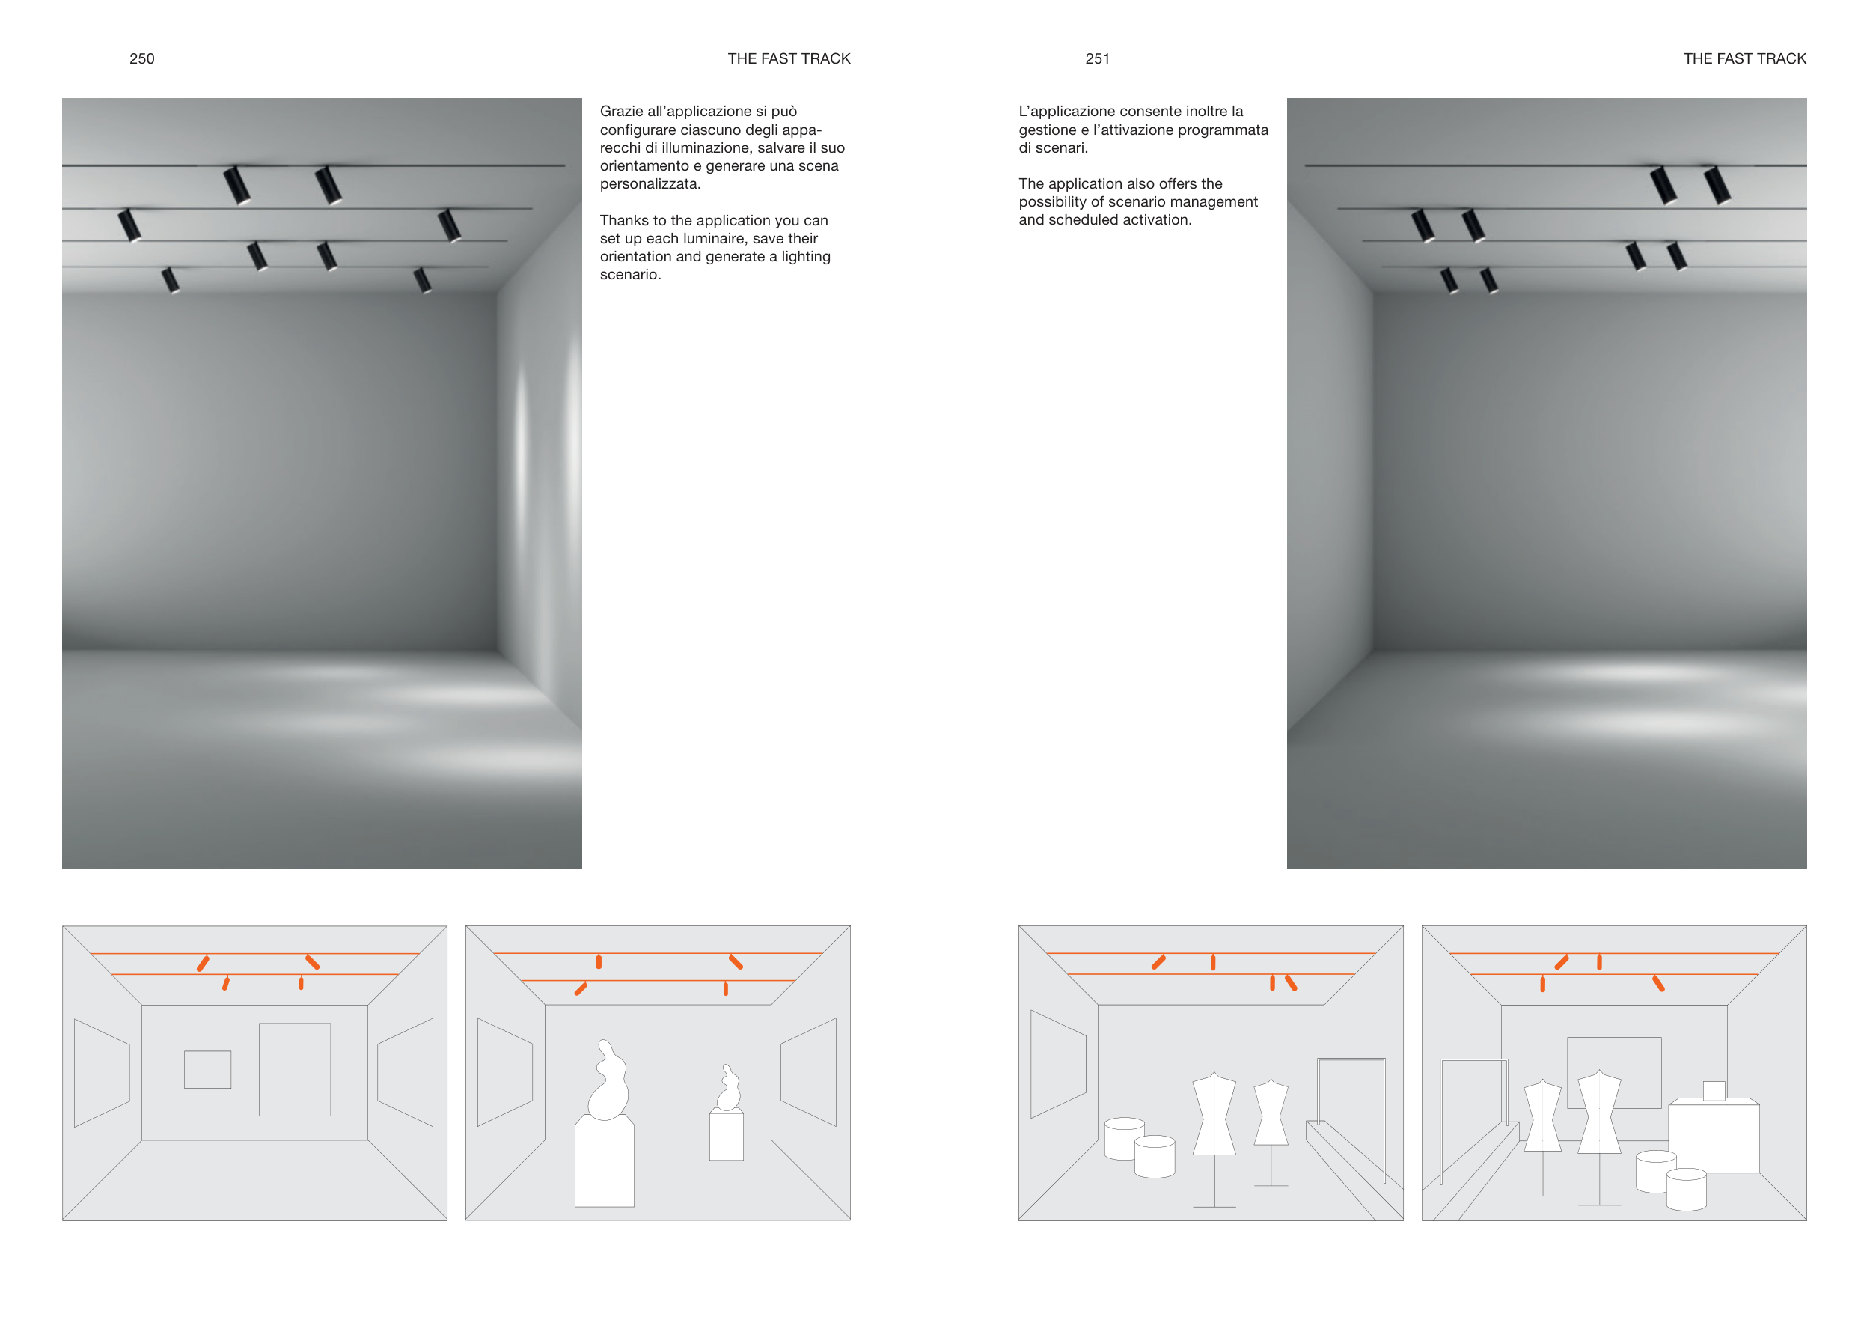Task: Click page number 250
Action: pos(141,58)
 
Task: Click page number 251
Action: pos(1097,58)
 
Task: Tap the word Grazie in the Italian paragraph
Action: pos(620,111)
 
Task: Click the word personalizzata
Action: pos(650,184)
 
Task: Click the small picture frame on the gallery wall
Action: pos(208,1069)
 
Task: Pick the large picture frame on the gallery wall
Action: pos(295,1069)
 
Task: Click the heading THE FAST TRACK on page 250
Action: pos(789,58)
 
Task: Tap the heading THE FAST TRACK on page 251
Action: pos(1744,58)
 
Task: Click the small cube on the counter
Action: pos(1714,1090)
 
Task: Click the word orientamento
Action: pos(644,166)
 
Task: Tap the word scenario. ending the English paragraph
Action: pos(630,275)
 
